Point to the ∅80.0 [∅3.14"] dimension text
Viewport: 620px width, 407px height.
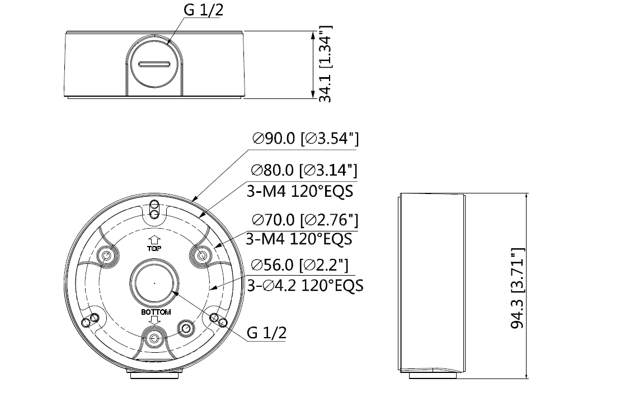point(304,170)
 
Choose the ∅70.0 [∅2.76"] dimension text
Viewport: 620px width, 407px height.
point(305,219)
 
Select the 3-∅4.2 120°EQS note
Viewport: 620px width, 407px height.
point(305,285)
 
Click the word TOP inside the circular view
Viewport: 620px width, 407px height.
point(154,249)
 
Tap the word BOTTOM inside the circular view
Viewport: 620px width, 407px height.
point(156,312)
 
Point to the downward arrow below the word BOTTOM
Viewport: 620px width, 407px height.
point(156,321)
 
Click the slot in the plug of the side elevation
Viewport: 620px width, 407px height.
point(154,64)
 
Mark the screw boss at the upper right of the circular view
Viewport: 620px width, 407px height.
point(201,255)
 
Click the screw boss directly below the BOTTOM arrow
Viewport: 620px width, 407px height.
point(153,338)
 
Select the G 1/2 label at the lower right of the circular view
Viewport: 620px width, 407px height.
point(266,334)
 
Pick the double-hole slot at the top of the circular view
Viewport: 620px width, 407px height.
point(154,209)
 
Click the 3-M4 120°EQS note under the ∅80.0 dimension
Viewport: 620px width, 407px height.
point(299,191)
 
